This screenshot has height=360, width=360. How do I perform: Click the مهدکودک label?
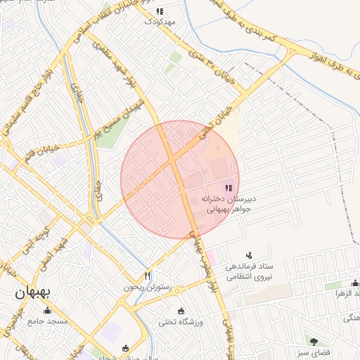click(159, 22)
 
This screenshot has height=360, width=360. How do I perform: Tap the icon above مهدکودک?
click(159, 11)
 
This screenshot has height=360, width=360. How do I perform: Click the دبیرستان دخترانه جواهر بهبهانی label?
click(227, 203)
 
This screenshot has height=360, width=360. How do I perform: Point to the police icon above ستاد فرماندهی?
click(248, 255)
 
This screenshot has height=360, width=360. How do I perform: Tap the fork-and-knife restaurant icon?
click(147, 275)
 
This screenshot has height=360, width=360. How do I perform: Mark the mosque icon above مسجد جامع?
click(48, 310)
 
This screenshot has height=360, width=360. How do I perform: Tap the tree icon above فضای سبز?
click(314, 341)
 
